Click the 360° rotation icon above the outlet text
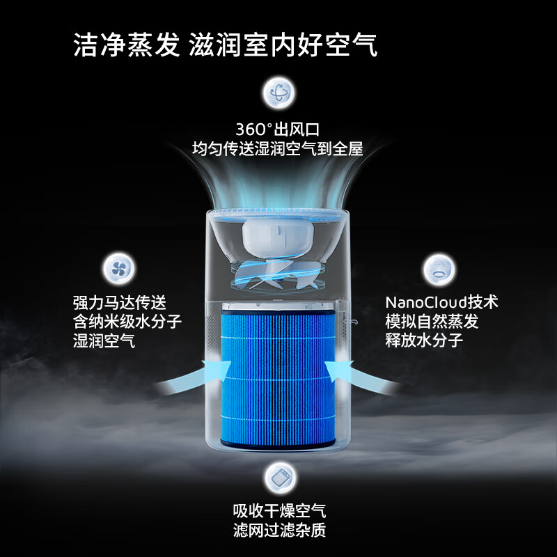[279, 93]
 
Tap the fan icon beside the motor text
[119, 268]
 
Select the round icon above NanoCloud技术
[439, 269]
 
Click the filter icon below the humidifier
[281, 478]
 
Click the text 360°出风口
[278, 130]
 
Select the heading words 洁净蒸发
[127, 45]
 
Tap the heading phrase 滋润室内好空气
[283, 45]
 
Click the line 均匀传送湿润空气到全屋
[278, 148]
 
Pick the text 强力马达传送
[120, 303]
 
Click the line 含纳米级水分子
[127, 322]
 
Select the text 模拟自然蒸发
[432, 322]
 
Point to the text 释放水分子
[424, 340]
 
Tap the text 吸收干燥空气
[280, 511]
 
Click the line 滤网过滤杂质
[280, 531]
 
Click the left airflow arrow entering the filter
[194, 377]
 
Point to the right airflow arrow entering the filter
[362, 377]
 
